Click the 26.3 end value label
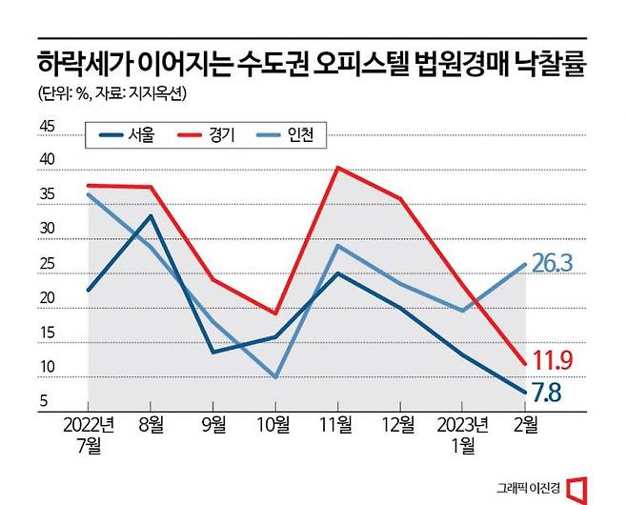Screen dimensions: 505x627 pyautogui.click(x=552, y=264)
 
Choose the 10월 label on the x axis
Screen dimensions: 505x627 pyautogui.click(x=275, y=423)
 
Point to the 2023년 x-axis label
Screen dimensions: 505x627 pyautogui.click(x=462, y=423)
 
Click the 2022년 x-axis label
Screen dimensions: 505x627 pyautogui.click(x=89, y=423)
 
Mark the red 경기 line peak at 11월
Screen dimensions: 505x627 pyautogui.click(x=337, y=168)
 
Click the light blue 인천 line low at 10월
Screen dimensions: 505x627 pyautogui.click(x=275, y=377)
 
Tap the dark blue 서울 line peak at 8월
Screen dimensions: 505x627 pyautogui.click(x=151, y=216)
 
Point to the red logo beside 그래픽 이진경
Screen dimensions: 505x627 pyautogui.click(x=576, y=488)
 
